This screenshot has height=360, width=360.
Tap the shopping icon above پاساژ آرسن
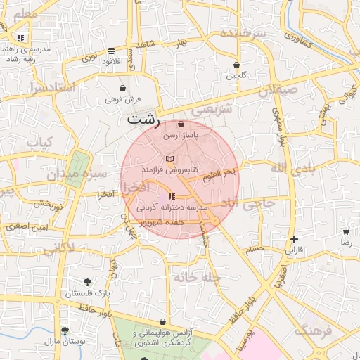point(181,124)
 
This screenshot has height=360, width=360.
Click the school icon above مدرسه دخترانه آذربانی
point(172,197)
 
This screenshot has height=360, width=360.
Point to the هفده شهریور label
point(162,221)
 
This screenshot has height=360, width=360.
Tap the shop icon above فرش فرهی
point(123,89)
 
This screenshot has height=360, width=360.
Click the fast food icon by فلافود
point(111,51)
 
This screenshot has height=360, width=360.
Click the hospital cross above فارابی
point(293,240)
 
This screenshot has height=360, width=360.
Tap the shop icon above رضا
point(345,231)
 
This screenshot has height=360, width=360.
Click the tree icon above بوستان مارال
point(65,330)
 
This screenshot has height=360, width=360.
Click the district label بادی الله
point(289,167)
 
